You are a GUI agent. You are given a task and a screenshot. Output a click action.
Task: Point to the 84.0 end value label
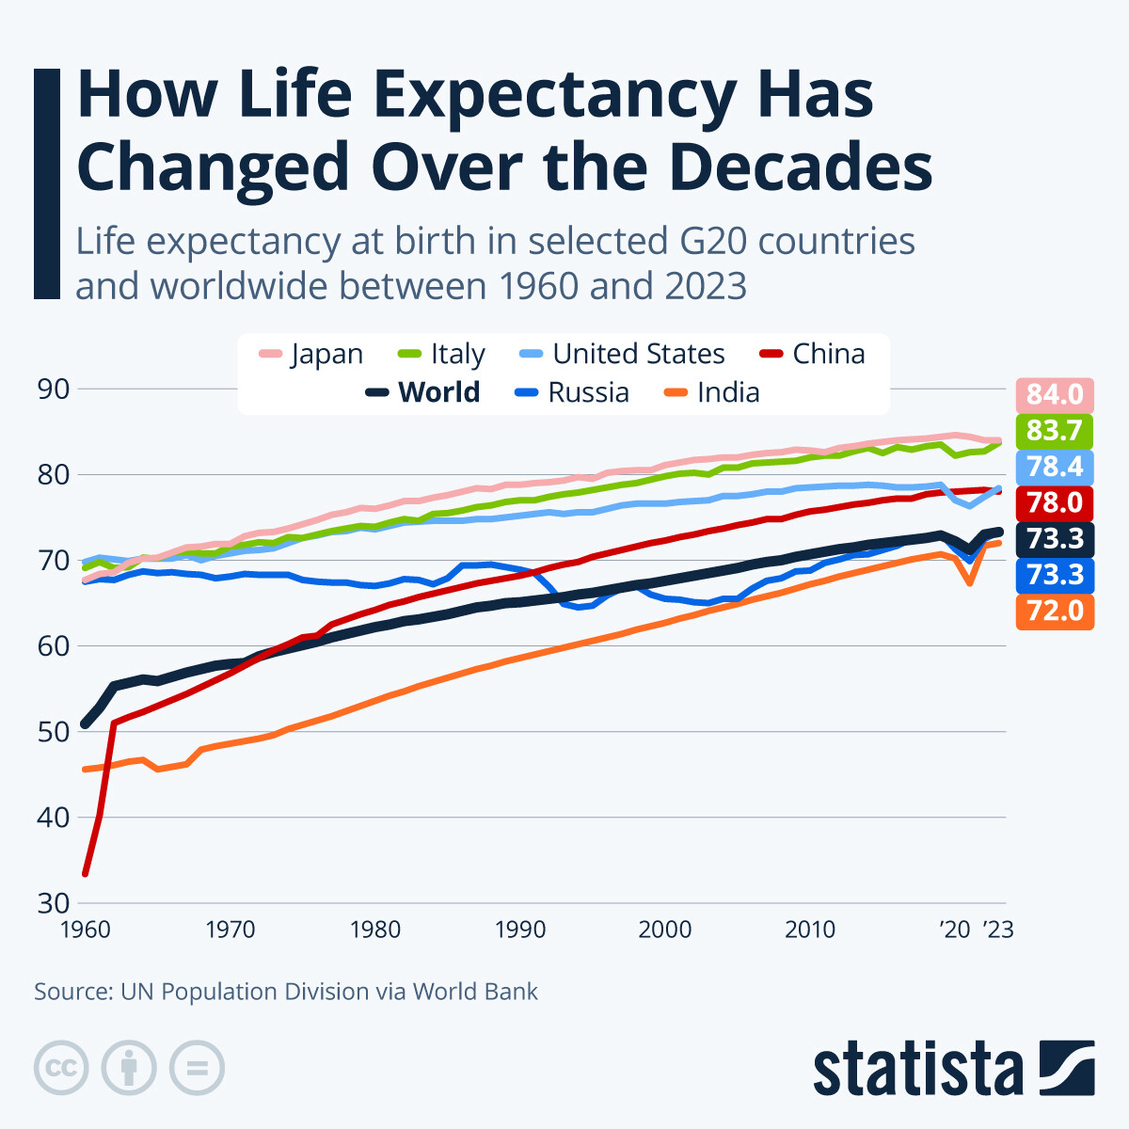point(1055,394)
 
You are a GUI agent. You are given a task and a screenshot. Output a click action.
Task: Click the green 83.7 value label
point(1055,430)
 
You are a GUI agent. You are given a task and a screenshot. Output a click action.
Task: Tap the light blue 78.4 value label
point(1055,467)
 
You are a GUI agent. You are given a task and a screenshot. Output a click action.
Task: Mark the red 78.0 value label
point(1055,502)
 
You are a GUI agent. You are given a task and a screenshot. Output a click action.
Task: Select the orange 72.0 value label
point(1055,611)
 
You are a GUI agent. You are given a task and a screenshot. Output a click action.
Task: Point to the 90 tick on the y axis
point(54,389)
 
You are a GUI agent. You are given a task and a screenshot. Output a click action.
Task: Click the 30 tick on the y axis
point(54,903)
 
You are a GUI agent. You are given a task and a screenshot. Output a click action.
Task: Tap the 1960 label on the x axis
point(85,930)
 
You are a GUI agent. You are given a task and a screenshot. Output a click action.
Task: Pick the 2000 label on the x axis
point(664,930)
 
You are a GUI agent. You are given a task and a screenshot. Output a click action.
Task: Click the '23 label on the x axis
point(997,930)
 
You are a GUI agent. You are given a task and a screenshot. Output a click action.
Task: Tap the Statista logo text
point(917,1069)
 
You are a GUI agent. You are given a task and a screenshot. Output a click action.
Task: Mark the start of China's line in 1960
point(85,874)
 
